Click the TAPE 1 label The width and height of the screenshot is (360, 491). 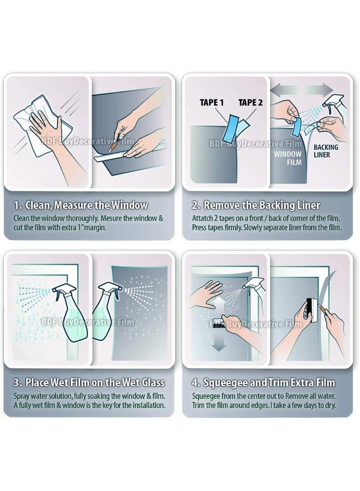pos(212,103)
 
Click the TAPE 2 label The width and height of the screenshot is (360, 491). pos(250,103)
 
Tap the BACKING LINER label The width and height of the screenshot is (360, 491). pos(326,151)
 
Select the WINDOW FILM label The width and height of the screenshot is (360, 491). pos(287,158)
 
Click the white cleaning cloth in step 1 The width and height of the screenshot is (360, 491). pos(44,125)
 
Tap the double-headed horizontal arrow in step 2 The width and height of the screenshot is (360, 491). pos(302,90)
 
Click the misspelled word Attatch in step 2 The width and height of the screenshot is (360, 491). pos(202,218)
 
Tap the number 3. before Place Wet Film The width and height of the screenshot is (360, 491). pos(18,382)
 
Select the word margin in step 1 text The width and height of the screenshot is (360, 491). pos(95,227)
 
